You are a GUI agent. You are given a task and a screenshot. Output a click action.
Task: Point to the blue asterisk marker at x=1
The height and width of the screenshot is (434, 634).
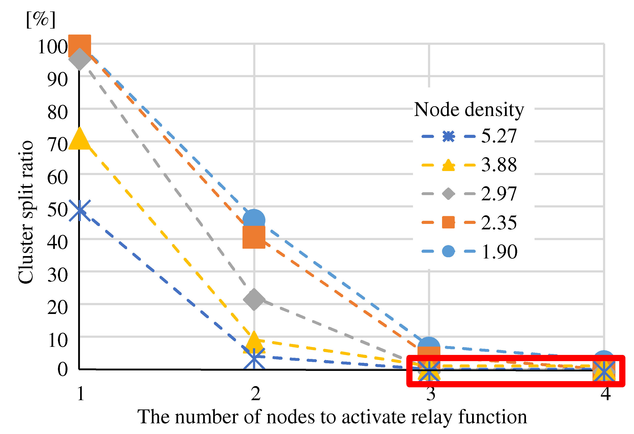(79, 211)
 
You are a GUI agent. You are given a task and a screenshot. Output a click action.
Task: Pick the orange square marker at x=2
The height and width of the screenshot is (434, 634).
(254, 237)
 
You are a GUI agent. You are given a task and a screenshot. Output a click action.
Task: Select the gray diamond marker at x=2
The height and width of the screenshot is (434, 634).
(254, 300)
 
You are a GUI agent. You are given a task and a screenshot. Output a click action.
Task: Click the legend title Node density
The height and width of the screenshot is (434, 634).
(469, 110)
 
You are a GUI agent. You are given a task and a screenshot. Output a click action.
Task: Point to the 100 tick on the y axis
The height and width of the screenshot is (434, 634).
(53, 47)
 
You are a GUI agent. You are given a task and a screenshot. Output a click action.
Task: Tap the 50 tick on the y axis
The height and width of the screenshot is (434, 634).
(57, 210)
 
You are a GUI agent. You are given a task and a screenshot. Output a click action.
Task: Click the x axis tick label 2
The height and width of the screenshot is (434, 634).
(255, 394)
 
